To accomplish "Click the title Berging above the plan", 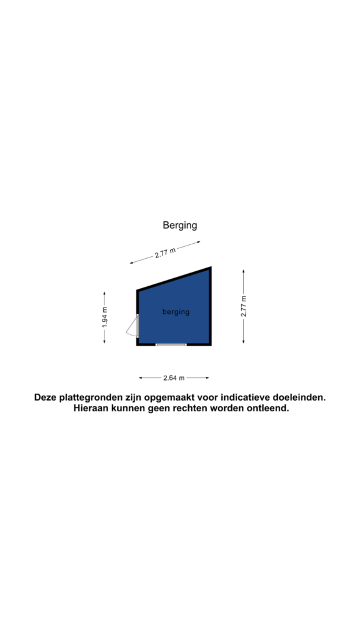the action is click(x=179, y=225).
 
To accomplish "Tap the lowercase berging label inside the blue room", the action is click(x=176, y=312).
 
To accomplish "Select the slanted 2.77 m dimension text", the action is click(x=165, y=253).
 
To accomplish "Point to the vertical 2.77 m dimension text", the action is click(x=244, y=306).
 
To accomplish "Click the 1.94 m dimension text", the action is click(x=104, y=317).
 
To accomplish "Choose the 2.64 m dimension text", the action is click(x=174, y=378).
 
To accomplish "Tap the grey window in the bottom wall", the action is click(x=171, y=344).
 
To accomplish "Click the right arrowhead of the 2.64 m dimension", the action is click(x=207, y=378).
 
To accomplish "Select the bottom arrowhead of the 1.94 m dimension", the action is click(x=104, y=341).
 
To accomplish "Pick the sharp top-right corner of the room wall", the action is click(x=211, y=267).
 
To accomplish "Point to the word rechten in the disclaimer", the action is click(x=190, y=408).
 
